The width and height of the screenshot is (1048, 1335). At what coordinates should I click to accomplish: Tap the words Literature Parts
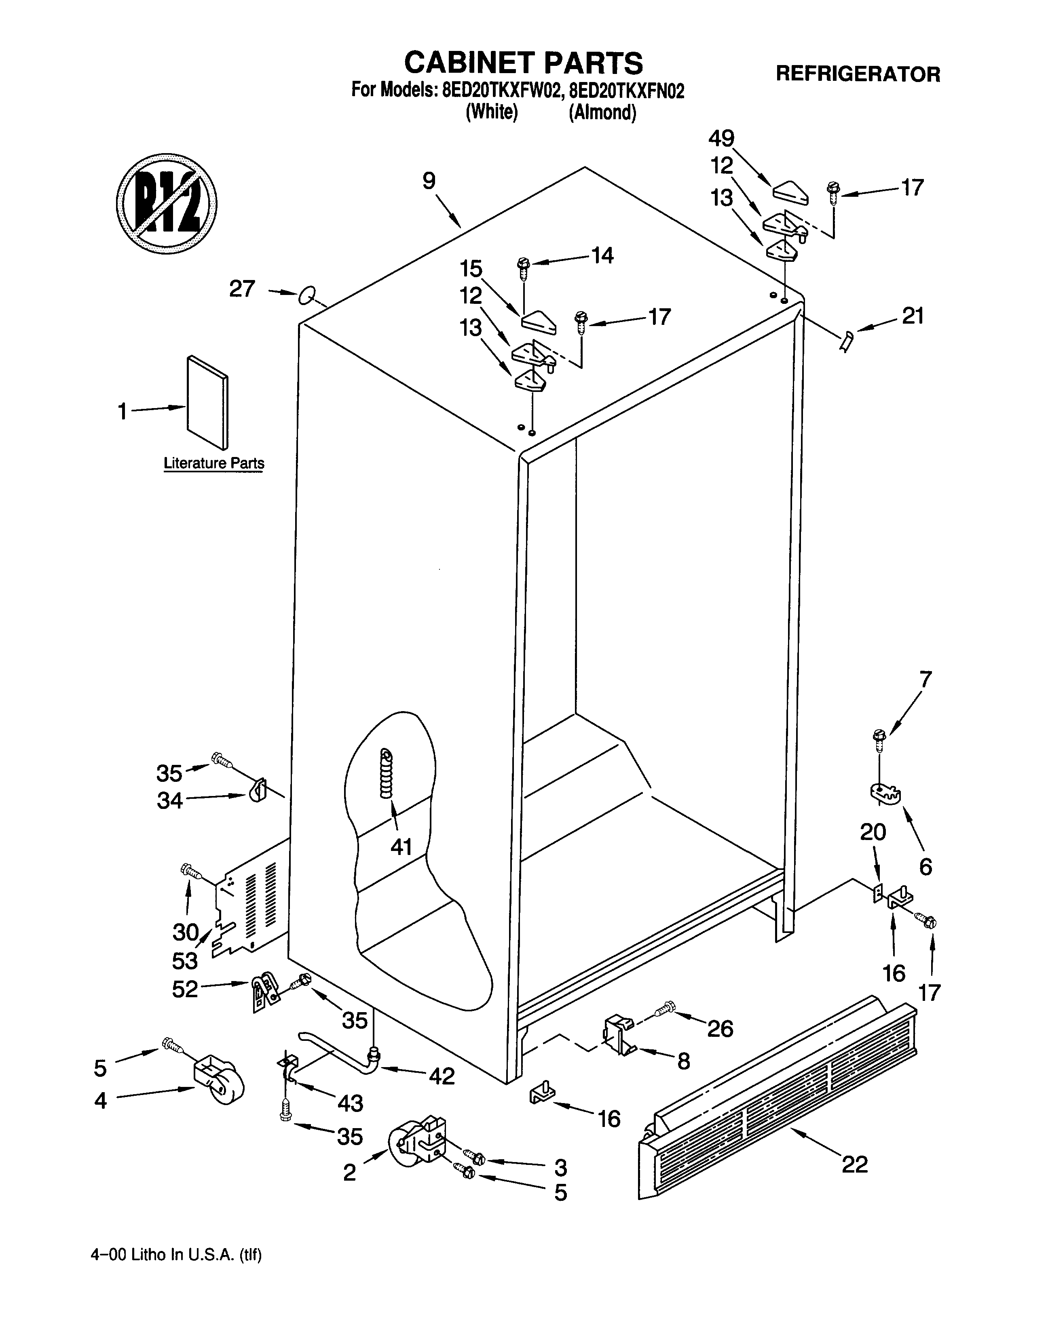click(213, 463)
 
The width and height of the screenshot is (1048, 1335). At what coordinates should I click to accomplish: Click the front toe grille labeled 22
click(778, 1101)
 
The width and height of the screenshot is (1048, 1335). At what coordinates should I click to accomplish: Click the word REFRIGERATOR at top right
click(858, 74)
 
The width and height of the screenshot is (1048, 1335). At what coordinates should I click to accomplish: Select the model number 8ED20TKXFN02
click(626, 91)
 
